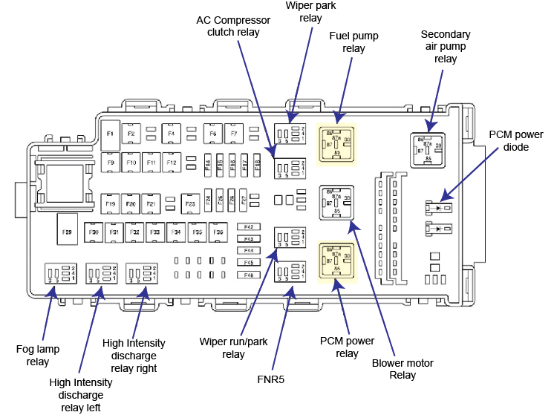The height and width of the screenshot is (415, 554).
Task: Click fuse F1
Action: pyautogui.click(x=109, y=133)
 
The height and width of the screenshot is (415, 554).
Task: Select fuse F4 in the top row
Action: pyautogui.click(x=171, y=134)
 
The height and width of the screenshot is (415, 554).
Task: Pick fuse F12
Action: pyautogui.click(x=172, y=162)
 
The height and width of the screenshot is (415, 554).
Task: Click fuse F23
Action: pyautogui.click(x=190, y=203)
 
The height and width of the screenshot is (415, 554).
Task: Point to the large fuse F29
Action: pyautogui.click(x=67, y=232)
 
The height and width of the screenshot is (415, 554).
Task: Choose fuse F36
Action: pyautogui.click(x=218, y=232)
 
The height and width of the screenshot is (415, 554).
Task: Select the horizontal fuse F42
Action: pyautogui.click(x=249, y=226)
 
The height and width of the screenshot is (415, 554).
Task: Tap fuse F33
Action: pyautogui.click(x=156, y=232)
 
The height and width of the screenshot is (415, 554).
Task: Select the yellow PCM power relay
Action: pyautogui.click(x=337, y=261)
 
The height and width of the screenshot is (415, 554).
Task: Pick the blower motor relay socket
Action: pyautogui.click(x=337, y=200)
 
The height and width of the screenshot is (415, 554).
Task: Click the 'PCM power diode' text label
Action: pyautogui.click(x=516, y=140)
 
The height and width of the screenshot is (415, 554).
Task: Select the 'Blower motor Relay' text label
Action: pyautogui.click(x=402, y=369)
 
